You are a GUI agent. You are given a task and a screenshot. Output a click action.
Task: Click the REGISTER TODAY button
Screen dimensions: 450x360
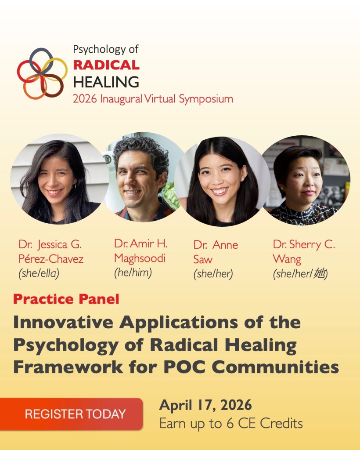pyautogui.click(x=75, y=414)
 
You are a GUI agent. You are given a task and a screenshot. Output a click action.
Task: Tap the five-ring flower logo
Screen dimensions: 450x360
pyautogui.click(x=42, y=73)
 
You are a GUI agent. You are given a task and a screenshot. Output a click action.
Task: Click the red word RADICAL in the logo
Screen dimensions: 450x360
pyautogui.click(x=106, y=65)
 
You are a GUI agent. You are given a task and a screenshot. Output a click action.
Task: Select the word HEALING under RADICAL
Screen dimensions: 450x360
pyautogui.click(x=106, y=82)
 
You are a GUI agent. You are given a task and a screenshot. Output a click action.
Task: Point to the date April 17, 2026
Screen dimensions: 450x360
pyautogui.click(x=205, y=405)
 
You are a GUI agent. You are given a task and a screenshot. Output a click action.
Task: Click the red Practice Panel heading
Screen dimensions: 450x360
pyautogui.click(x=66, y=300)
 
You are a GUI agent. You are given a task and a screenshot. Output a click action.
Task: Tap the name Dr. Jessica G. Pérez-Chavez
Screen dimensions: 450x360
pyautogui.click(x=50, y=251)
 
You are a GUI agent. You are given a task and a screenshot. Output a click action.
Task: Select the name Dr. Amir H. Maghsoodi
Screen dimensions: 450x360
pyautogui.click(x=140, y=250)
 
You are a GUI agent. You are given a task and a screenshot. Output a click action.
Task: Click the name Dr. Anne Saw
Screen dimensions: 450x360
pyautogui.click(x=216, y=252)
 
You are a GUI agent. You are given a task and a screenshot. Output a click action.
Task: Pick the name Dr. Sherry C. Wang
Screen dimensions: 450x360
pyautogui.click(x=303, y=251)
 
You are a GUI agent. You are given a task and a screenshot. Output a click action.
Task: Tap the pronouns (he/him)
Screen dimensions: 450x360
pyautogui.click(x=133, y=272)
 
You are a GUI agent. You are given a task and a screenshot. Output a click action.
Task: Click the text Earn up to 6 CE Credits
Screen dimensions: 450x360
pyautogui.click(x=230, y=424)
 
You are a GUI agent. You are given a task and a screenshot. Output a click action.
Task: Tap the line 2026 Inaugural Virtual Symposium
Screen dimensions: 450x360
pyautogui.click(x=153, y=99)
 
